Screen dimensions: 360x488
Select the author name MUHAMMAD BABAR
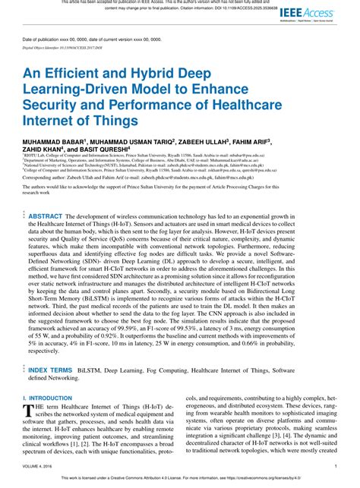pyautogui.click(x=55, y=141)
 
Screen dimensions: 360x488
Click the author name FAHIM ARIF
pyautogui.click(x=271, y=141)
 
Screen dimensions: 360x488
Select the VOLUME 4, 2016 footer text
pyautogui.click(x=39, y=468)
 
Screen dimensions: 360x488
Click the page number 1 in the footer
pyautogui.click(x=335, y=468)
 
